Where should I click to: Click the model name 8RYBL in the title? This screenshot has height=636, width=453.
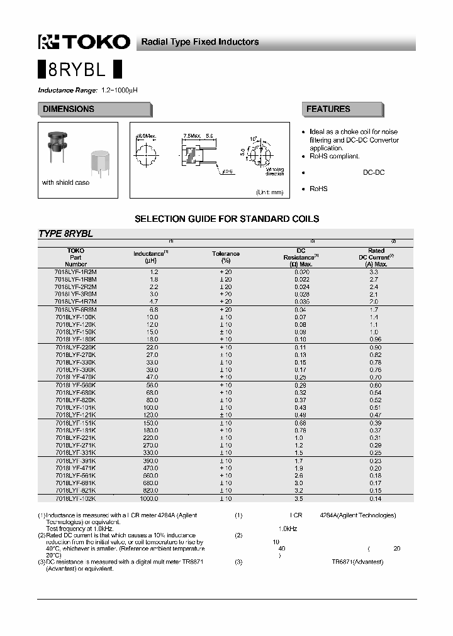coord(80,70)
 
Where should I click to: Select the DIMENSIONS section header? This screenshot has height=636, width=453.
coord(69,109)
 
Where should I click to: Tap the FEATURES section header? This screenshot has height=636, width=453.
coord(328,109)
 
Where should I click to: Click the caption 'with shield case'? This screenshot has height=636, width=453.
coord(65,183)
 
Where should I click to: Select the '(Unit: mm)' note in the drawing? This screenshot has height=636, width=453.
coord(269,192)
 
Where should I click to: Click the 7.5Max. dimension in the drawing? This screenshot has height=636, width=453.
coord(191,136)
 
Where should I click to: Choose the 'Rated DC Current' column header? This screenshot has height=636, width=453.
coord(376,257)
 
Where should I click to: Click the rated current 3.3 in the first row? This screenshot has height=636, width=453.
coord(376,271)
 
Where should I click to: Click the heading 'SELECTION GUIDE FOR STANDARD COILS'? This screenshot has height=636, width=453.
coord(227,219)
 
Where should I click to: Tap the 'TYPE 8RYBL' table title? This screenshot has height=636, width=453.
coord(65,234)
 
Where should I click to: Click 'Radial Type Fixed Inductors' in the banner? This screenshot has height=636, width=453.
coord(199,42)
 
